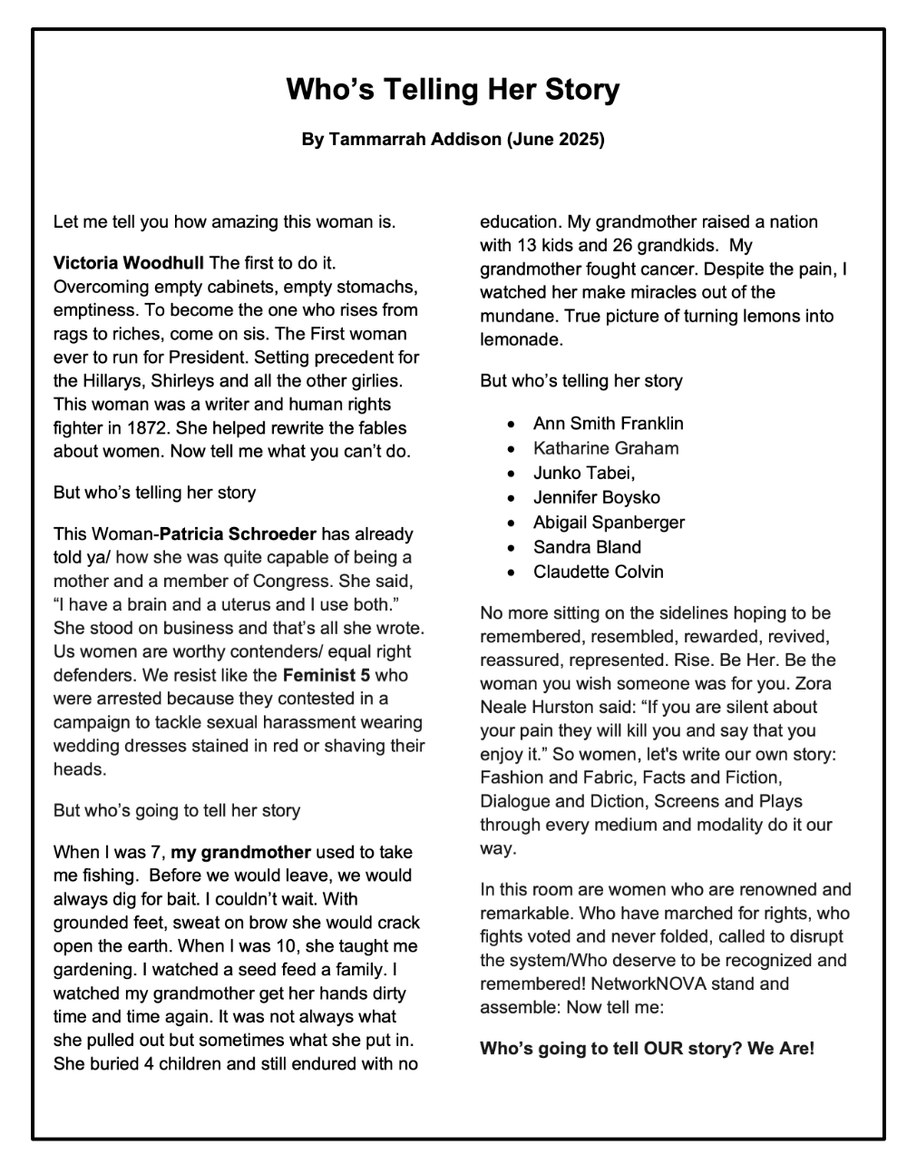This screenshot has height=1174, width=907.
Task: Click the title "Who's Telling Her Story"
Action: pos(453,90)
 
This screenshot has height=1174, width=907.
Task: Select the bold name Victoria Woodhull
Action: pos(129,264)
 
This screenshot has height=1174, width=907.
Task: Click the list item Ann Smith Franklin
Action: pos(608,424)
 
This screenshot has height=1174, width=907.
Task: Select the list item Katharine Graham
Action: pos(605,448)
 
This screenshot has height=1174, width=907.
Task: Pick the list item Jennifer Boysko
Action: pos(596,497)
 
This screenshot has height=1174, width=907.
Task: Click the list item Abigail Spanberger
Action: pos(609,523)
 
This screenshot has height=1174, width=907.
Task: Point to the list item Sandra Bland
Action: pos(587,547)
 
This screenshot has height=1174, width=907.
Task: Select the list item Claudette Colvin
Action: pos(598,572)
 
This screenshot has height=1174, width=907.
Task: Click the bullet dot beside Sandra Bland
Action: pos(514,548)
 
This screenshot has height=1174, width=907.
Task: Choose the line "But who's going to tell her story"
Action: pos(177,810)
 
